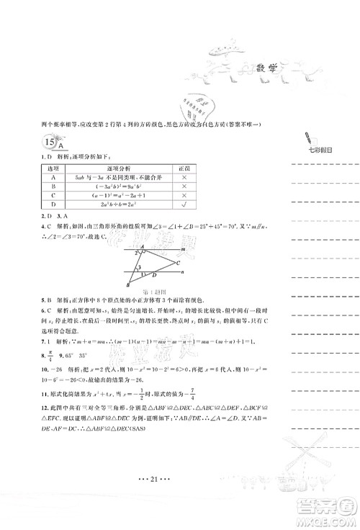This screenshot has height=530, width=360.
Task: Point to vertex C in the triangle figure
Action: (x=179, y=264)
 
